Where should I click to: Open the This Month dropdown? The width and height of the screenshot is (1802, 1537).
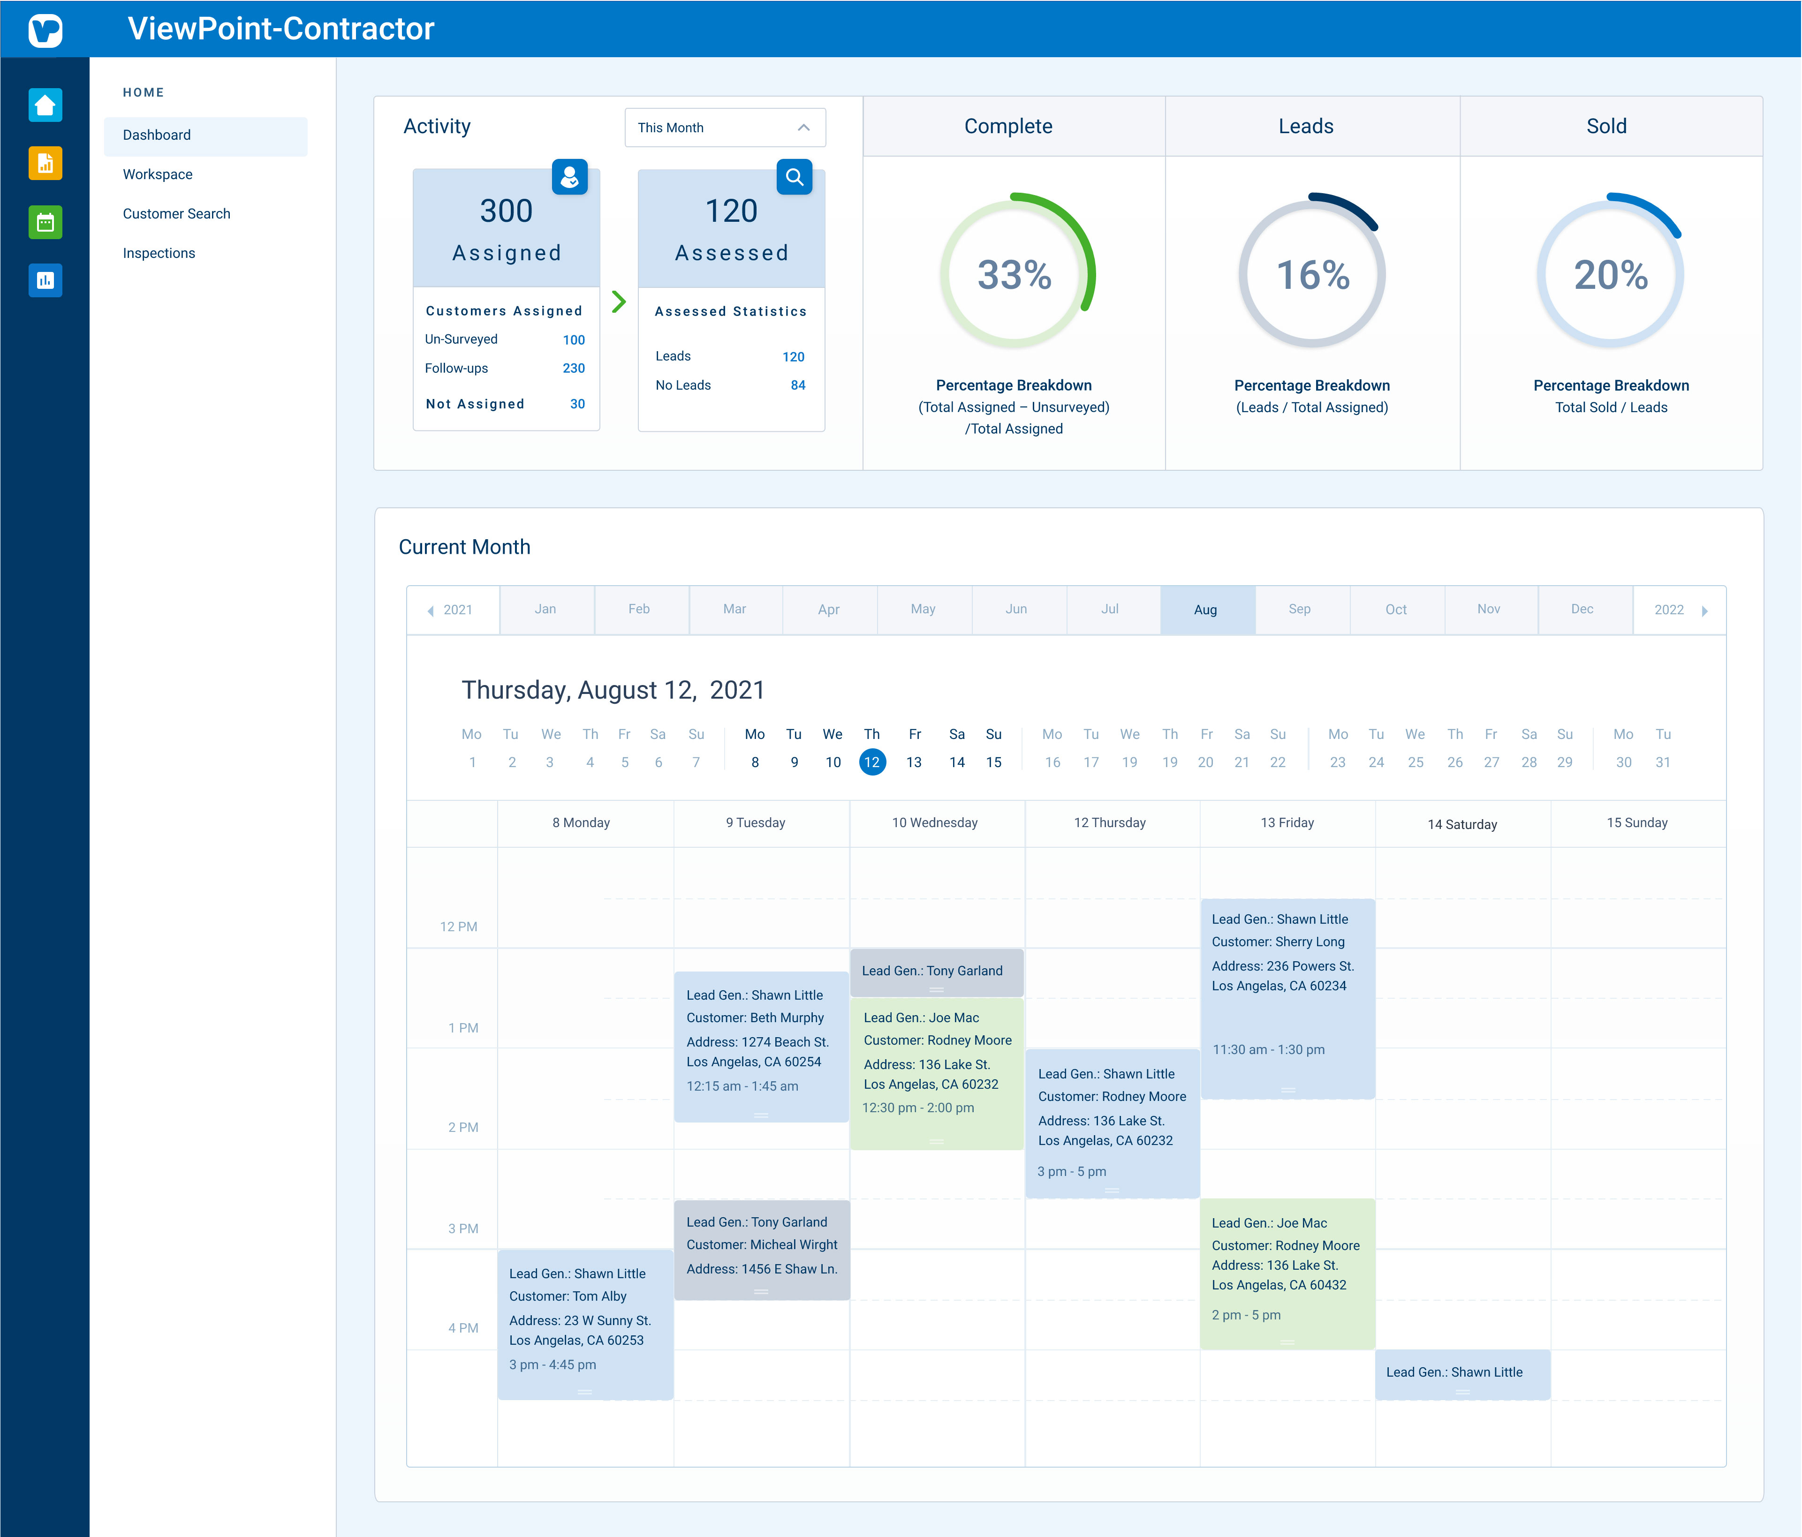(x=725, y=128)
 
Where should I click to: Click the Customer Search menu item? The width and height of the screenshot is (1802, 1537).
(x=176, y=214)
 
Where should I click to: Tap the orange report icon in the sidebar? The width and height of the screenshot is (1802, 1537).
(x=45, y=164)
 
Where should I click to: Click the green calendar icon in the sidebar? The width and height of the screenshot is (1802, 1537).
(x=45, y=223)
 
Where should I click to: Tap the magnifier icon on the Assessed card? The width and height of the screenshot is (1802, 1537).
(x=794, y=177)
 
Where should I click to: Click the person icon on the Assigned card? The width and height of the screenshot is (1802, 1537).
(x=570, y=177)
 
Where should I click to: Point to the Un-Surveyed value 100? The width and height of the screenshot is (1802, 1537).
(x=573, y=340)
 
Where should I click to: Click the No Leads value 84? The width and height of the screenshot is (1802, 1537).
(x=797, y=385)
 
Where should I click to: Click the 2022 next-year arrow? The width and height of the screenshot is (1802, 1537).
(x=1704, y=611)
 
